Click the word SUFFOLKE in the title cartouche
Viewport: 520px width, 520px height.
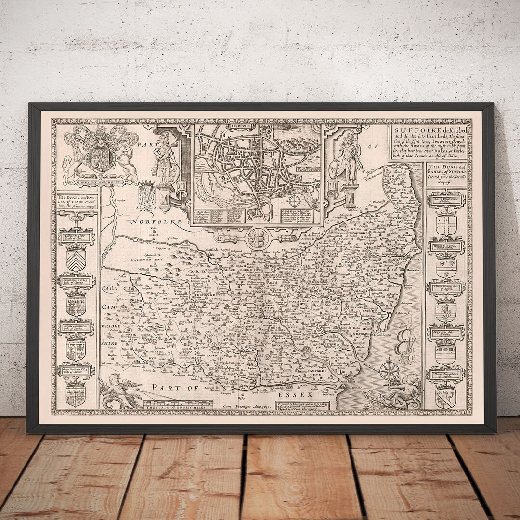pyautogui.click(x=410, y=130)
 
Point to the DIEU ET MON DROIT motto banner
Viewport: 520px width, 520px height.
pyautogui.click(x=101, y=182)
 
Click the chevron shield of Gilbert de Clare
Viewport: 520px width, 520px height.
pyautogui.click(x=76, y=260)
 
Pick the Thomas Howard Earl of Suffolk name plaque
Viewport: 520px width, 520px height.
pyautogui.click(x=446, y=375)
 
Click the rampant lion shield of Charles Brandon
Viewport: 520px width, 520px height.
pyautogui.click(x=445, y=311)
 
